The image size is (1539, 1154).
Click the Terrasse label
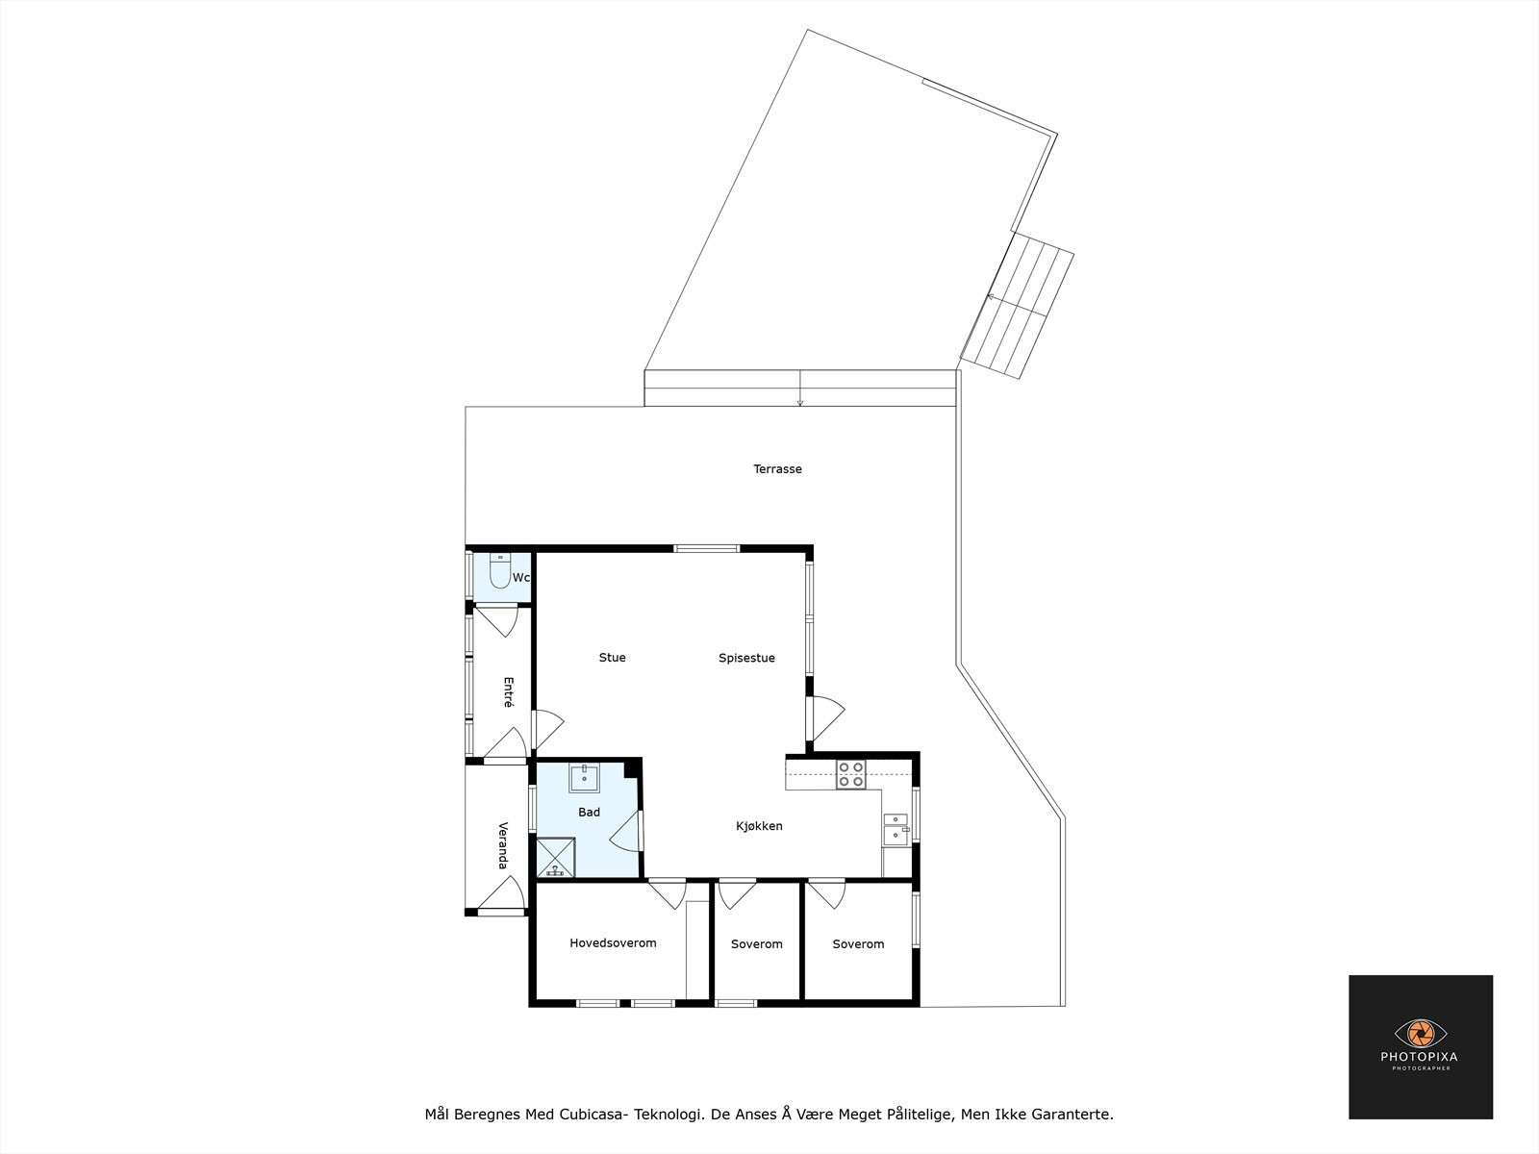click(777, 468)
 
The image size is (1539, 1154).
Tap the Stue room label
click(612, 657)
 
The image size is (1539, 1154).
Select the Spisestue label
click(746, 658)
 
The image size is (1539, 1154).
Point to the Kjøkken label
click(759, 826)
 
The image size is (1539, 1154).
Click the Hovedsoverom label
click(613, 943)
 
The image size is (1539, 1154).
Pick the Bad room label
click(589, 812)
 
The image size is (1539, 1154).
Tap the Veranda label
click(503, 845)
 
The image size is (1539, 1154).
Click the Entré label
click(508, 692)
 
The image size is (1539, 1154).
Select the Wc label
click(520, 578)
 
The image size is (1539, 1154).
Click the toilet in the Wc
click(500, 571)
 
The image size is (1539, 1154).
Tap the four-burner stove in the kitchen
click(851, 774)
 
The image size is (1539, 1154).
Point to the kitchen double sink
click(896, 830)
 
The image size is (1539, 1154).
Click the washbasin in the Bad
click(584, 778)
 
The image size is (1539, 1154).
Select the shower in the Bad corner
click(555, 858)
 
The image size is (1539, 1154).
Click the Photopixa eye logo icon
click(1421, 1033)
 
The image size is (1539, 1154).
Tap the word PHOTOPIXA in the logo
click(1420, 1057)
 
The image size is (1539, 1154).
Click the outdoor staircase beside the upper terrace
click(1018, 306)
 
